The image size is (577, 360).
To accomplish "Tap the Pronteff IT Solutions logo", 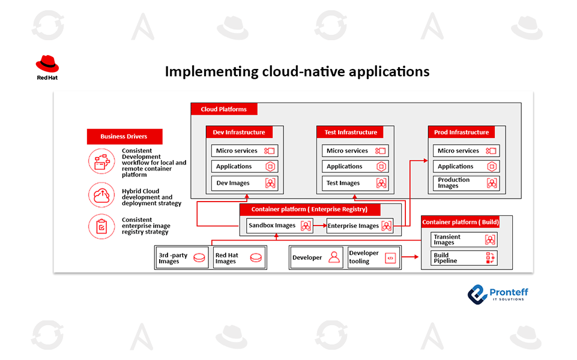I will [x=498, y=293].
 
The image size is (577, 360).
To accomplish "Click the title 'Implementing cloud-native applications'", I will [x=297, y=71].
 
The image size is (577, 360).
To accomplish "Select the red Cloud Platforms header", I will [x=224, y=109].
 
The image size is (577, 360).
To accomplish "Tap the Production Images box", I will [x=465, y=183].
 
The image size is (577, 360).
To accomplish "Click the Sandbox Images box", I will [x=280, y=226].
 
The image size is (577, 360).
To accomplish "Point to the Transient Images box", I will [x=464, y=239].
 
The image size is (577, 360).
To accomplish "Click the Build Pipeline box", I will [x=464, y=259].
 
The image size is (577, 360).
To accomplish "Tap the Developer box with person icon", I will [x=316, y=257].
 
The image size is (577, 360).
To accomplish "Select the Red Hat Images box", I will [x=239, y=258].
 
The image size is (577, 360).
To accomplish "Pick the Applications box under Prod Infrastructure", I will [x=465, y=166].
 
